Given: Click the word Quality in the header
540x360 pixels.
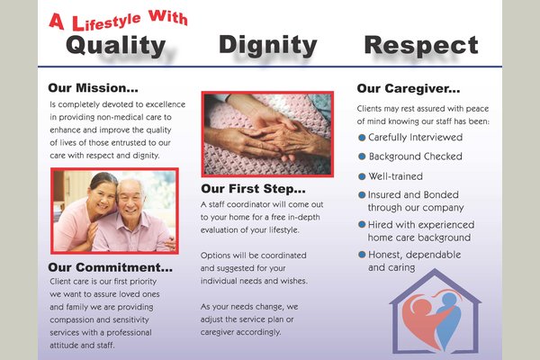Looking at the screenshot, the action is pos(116,46).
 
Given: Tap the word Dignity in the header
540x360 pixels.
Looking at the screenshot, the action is pos(268,45).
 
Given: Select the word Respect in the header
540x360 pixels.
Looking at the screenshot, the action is pos(421,45).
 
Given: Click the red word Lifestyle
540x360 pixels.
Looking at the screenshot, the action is pos(106,22).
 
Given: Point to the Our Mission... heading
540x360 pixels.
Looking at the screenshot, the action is pos(93,88).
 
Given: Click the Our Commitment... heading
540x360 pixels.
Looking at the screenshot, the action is pos(110,267).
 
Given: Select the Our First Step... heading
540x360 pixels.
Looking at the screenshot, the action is pos(253,189).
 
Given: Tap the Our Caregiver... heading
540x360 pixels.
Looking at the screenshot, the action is pos(409,88).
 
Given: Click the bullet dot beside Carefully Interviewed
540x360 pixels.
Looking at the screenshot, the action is pos(362,138).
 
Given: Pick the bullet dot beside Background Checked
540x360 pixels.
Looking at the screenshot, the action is pos(362,157).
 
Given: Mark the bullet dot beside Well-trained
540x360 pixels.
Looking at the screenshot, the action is pos(362,176).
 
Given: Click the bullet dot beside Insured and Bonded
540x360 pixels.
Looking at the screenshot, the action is pos(362,195).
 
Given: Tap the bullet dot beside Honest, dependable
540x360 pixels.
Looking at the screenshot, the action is pos(362,255).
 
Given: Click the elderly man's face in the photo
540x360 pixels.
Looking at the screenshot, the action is pos(130,199).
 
